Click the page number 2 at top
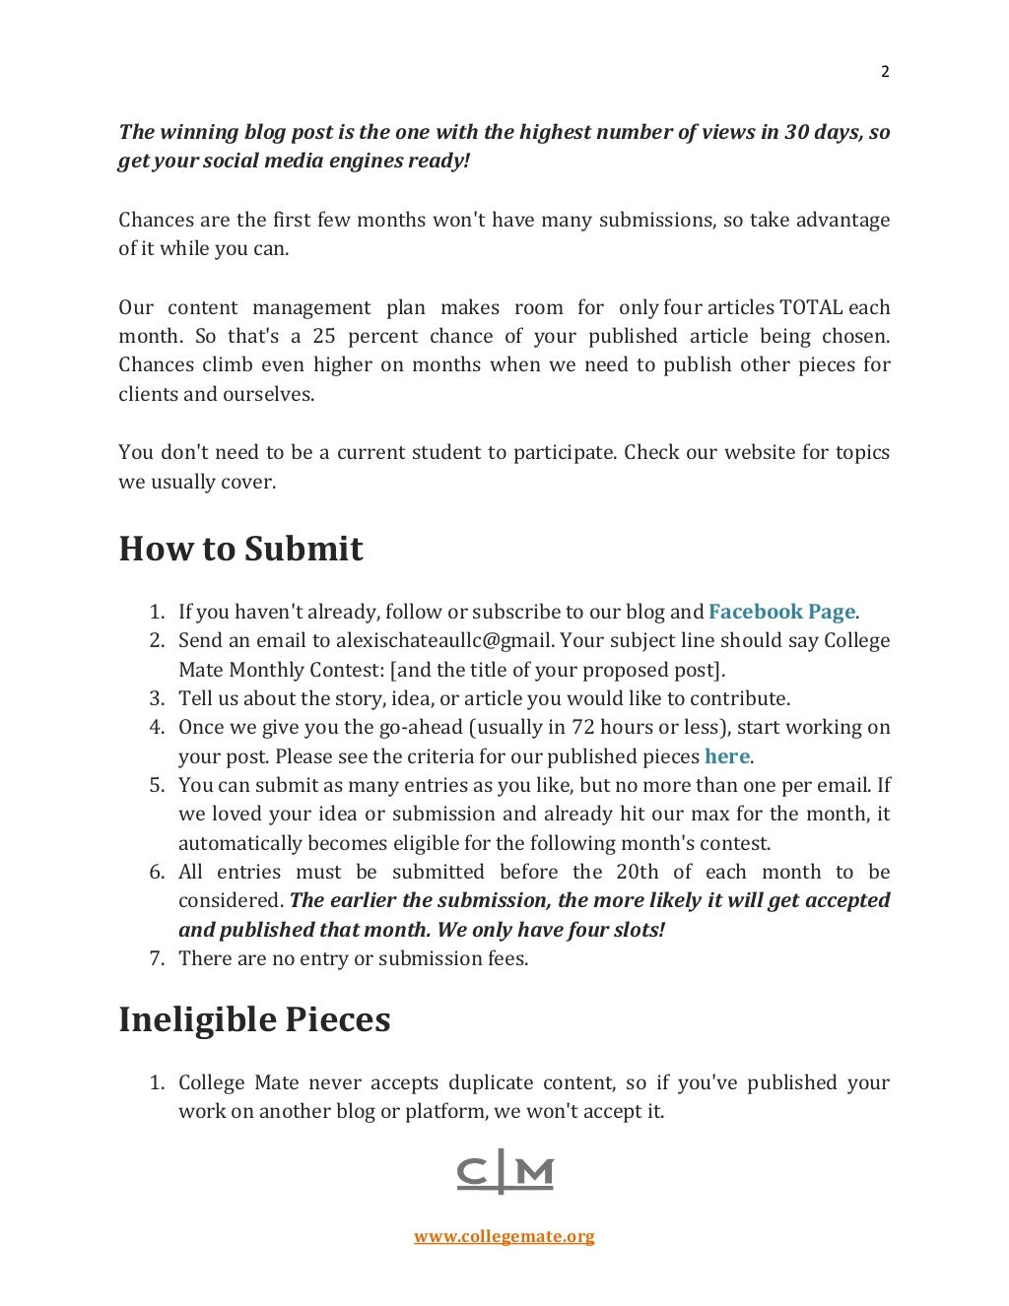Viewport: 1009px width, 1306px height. [884, 71]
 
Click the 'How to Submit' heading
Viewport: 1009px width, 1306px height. [240, 549]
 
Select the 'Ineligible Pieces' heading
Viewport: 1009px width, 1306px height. [254, 1019]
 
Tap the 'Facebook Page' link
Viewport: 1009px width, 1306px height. [781, 612]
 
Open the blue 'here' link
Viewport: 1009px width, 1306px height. [727, 756]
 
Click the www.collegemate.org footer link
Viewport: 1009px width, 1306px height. [504, 1236]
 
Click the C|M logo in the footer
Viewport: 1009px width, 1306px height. [504, 1172]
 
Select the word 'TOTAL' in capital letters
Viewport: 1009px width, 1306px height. [811, 307]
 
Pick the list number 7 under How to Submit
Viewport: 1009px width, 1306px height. [156, 959]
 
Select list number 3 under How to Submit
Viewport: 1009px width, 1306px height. [156, 699]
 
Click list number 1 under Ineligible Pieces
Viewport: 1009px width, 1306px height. [156, 1083]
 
